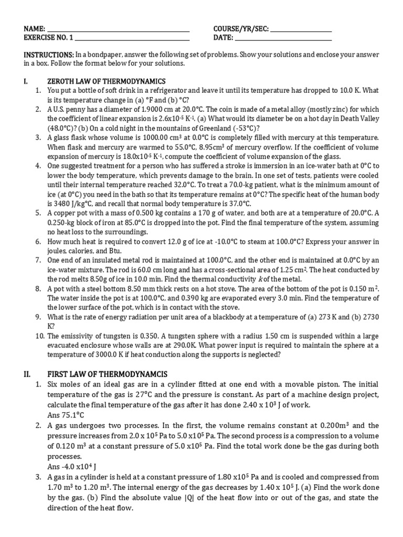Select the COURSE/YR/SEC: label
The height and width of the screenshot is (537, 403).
coord(241,29)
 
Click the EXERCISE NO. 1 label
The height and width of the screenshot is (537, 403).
coord(49,38)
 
